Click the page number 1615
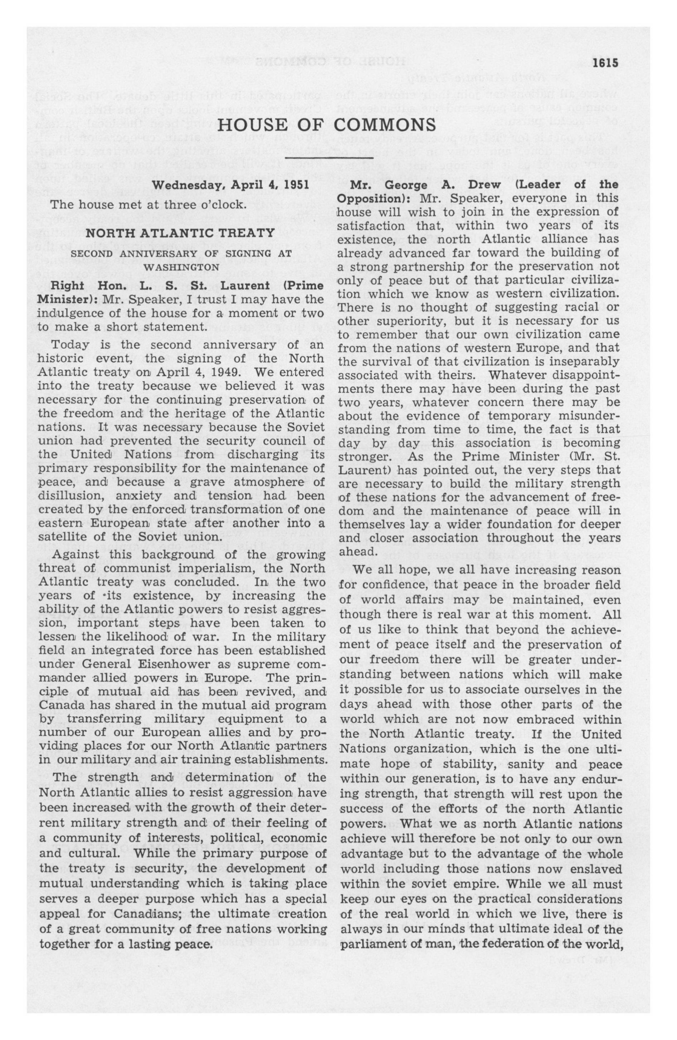[606, 63]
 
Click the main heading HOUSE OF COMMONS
[327, 124]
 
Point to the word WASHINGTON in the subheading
[181, 266]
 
